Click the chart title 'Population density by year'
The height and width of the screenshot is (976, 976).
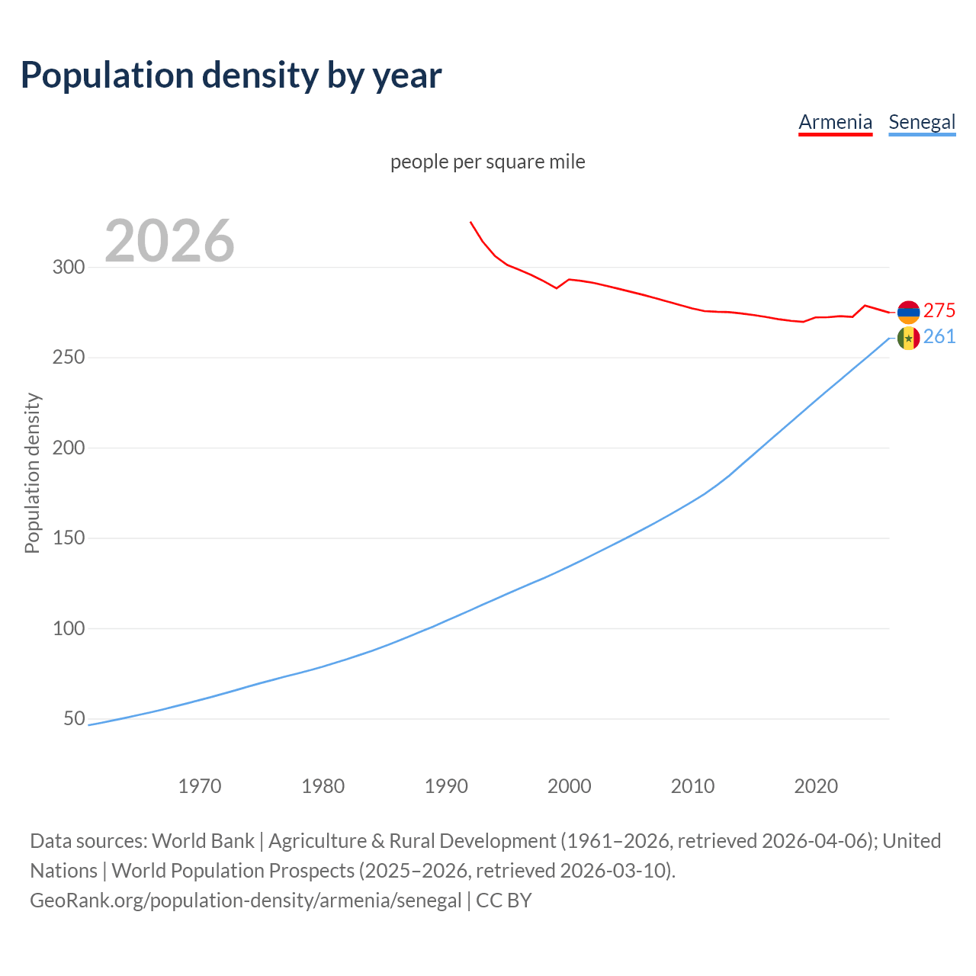click(x=231, y=75)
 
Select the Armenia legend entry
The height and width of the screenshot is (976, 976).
click(x=835, y=122)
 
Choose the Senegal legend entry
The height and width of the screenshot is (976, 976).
click(x=922, y=122)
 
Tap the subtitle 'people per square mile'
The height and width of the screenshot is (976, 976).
click(x=487, y=162)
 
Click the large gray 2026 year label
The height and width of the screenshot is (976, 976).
click(x=169, y=241)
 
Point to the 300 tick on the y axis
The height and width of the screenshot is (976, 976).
click(x=68, y=267)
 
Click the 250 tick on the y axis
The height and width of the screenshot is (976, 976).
click(x=68, y=358)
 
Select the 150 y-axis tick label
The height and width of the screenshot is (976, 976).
click(x=68, y=538)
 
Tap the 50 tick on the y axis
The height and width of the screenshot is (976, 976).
click(x=74, y=719)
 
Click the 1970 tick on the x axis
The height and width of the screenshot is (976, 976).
click(x=200, y=786)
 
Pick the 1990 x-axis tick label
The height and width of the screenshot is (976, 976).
click(x=446, y=786)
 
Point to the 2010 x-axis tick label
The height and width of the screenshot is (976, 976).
click(x=692, y=786)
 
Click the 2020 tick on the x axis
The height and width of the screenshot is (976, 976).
click(x=816, y=786)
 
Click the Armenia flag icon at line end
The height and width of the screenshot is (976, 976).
click(x=908, y=312)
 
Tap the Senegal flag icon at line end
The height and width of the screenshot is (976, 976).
click(x=908, y=338)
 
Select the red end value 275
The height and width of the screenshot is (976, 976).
click(x=939, y=311)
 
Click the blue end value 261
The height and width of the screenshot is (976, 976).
click(x=939, y=337)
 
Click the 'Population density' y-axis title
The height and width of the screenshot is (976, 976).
click(x=32, y=473)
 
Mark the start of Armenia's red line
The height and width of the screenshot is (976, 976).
click(x=470, y=222)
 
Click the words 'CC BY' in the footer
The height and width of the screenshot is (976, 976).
click(x=503, y=901)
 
